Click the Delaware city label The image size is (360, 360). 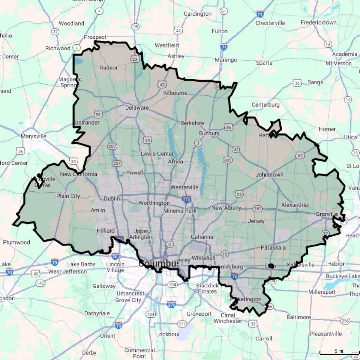tap(137, 108)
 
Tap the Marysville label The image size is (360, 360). tap(33, 136)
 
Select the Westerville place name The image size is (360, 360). tap(184, 187)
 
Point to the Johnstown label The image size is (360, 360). tap(269, 175)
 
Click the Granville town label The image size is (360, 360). tap(327, 214)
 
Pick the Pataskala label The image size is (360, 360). tap(273, 248)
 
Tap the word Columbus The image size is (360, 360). tap(159, 264)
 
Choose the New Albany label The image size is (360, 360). tap(226, 208)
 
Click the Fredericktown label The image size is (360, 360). tap(319, 23)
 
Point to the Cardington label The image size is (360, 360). tap(197, 14)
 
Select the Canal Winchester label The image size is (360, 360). tap(228, 318)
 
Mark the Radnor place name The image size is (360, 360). tap(109, 68)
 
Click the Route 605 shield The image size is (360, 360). tap(228, 160)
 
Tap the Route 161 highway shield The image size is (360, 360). tap(257, 208)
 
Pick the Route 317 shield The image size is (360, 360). tap(182, 324)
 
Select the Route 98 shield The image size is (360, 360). tap(136, 27)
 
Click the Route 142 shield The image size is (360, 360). tap(40, 283)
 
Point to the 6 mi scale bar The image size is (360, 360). tap(339, 353)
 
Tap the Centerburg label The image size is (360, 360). tap(265, 105)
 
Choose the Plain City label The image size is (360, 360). tap(68, 196)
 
